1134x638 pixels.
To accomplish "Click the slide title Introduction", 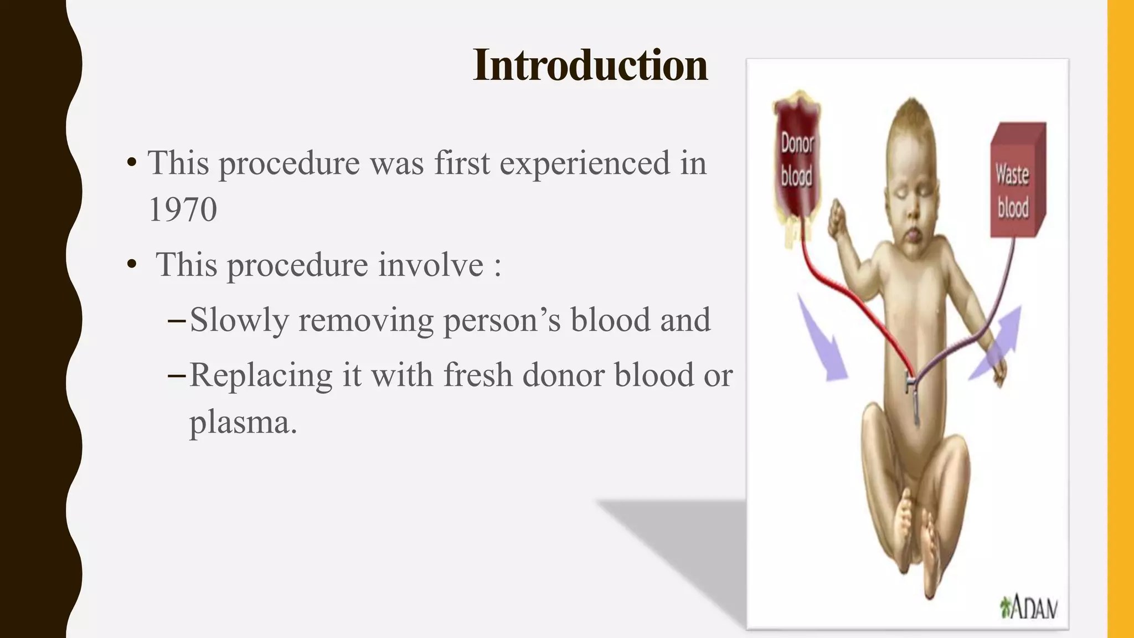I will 590,65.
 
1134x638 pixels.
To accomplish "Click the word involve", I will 431,264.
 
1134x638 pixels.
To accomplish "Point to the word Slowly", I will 239,320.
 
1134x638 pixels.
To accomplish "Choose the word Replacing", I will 261,376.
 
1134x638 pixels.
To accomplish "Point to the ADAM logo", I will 1029,608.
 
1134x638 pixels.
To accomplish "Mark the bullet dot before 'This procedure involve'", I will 132,265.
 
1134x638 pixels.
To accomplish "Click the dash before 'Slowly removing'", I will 176,320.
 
